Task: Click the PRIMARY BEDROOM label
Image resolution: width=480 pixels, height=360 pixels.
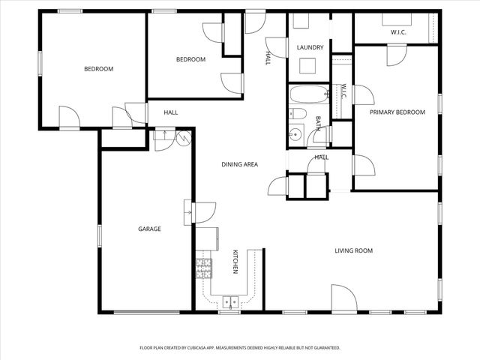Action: (397, 112)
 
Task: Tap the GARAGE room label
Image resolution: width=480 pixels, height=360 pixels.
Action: (149, 229)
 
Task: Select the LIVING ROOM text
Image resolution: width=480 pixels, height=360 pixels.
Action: (353, 250)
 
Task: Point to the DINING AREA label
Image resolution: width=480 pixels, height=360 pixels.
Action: (239, 164)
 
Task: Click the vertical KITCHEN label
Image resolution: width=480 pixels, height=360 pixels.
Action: (235, 261)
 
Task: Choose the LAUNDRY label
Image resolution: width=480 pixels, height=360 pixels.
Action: (310, 47)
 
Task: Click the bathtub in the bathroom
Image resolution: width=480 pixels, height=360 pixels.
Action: (308, 95)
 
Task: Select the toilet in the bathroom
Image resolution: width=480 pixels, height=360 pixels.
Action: (297, 115)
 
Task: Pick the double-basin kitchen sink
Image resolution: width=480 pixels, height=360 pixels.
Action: (230, 302)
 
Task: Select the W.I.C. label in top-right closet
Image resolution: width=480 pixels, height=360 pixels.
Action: (397, 32)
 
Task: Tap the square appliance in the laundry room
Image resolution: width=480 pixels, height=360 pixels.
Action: (307, 65)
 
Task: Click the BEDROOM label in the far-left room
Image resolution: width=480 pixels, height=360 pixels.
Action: (98, 69)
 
